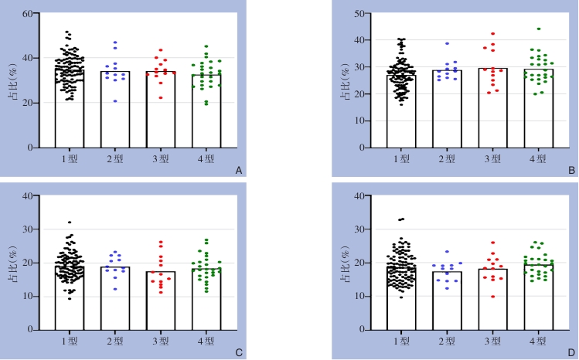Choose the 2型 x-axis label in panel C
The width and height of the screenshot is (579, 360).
[116, 341]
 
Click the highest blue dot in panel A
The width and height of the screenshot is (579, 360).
[116, 42]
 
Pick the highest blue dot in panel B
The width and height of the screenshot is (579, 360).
[447, 43]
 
